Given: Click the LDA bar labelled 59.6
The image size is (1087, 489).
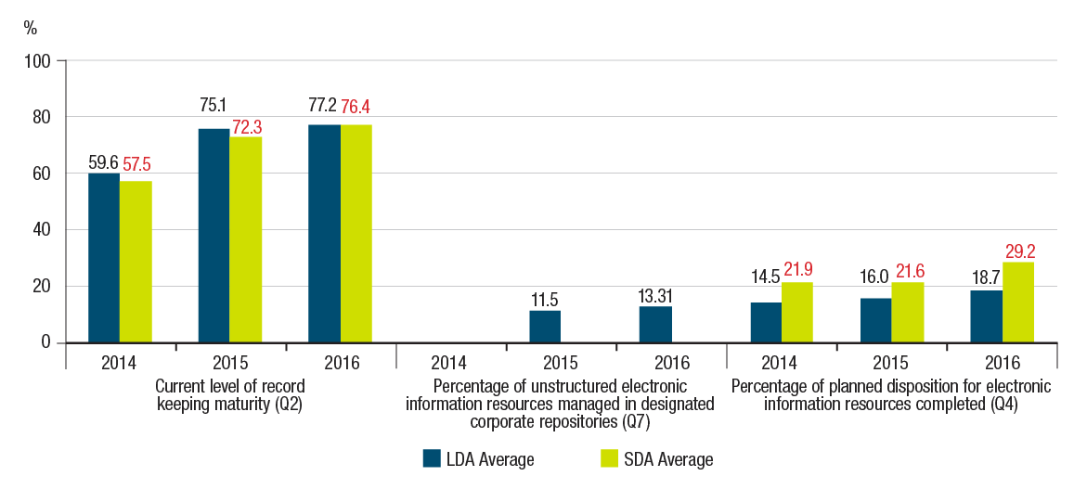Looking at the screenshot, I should (x=104, y=258).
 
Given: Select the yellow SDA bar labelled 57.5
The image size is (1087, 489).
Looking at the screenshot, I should (x=136, y=262).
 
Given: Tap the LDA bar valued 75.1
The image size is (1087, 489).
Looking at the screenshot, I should (x=214, y=236).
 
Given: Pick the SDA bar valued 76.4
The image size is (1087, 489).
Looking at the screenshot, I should (x=356, y=234).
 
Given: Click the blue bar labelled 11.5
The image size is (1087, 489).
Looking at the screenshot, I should (x=545, y=326).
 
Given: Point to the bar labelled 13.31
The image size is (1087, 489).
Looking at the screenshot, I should (x=654, y=324).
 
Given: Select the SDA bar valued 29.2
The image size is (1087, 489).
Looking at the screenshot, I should (x=1018, y=302).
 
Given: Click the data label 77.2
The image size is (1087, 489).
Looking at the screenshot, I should (x=324, y=105).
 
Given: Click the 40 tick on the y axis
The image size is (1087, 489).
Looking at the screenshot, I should (x=47, y=230).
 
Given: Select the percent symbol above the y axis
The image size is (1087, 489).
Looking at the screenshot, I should (x=31, y=28).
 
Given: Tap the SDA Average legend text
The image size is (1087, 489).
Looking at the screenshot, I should (x=669, y=459).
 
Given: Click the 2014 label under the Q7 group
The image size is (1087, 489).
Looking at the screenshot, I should (x=450, y=364).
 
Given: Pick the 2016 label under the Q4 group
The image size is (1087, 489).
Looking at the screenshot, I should (x=1003, y=364).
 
